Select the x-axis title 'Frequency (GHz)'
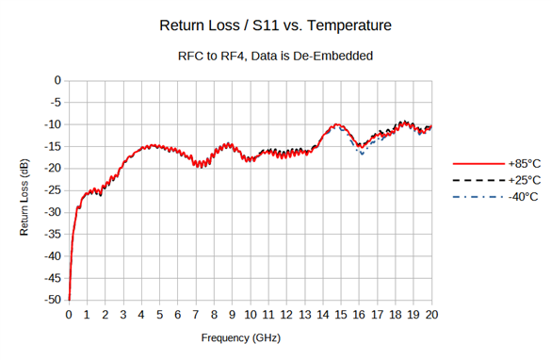tap(240, 336)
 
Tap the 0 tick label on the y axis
tap(57, 80)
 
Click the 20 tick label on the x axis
tap(432, 314)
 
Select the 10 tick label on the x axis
tap(251, 314)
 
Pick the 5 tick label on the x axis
tap(159, 314)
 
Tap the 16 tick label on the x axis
tap(360, 314)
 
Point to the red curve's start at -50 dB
tap(69, 299)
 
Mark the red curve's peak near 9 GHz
tap(229, 144)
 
